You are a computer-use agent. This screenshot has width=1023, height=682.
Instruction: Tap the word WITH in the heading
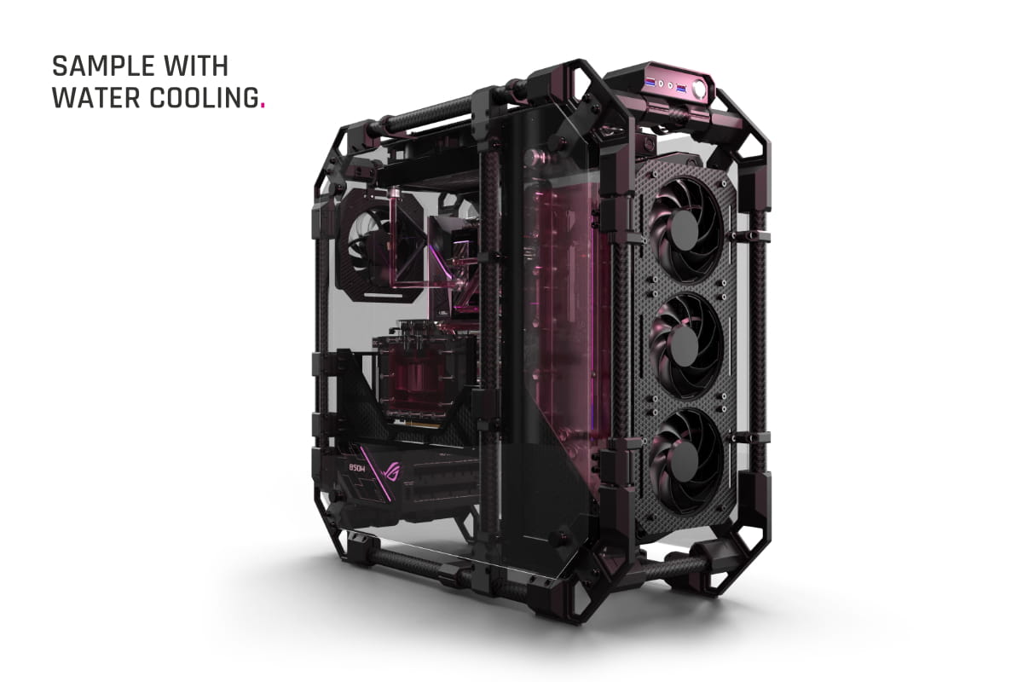[x=196, y=66]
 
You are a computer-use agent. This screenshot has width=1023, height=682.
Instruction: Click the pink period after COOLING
[x=263, y=107]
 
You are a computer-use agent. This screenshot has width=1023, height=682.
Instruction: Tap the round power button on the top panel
[x=699, y=89]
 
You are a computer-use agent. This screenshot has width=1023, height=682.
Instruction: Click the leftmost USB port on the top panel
[x=649, y=83]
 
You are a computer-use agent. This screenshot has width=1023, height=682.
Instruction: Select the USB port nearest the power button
[x=681, y=87]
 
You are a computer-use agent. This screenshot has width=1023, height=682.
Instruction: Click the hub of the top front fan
[x=684, y=230]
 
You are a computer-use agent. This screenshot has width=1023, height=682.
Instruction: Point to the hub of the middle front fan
[x=684, y=346]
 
